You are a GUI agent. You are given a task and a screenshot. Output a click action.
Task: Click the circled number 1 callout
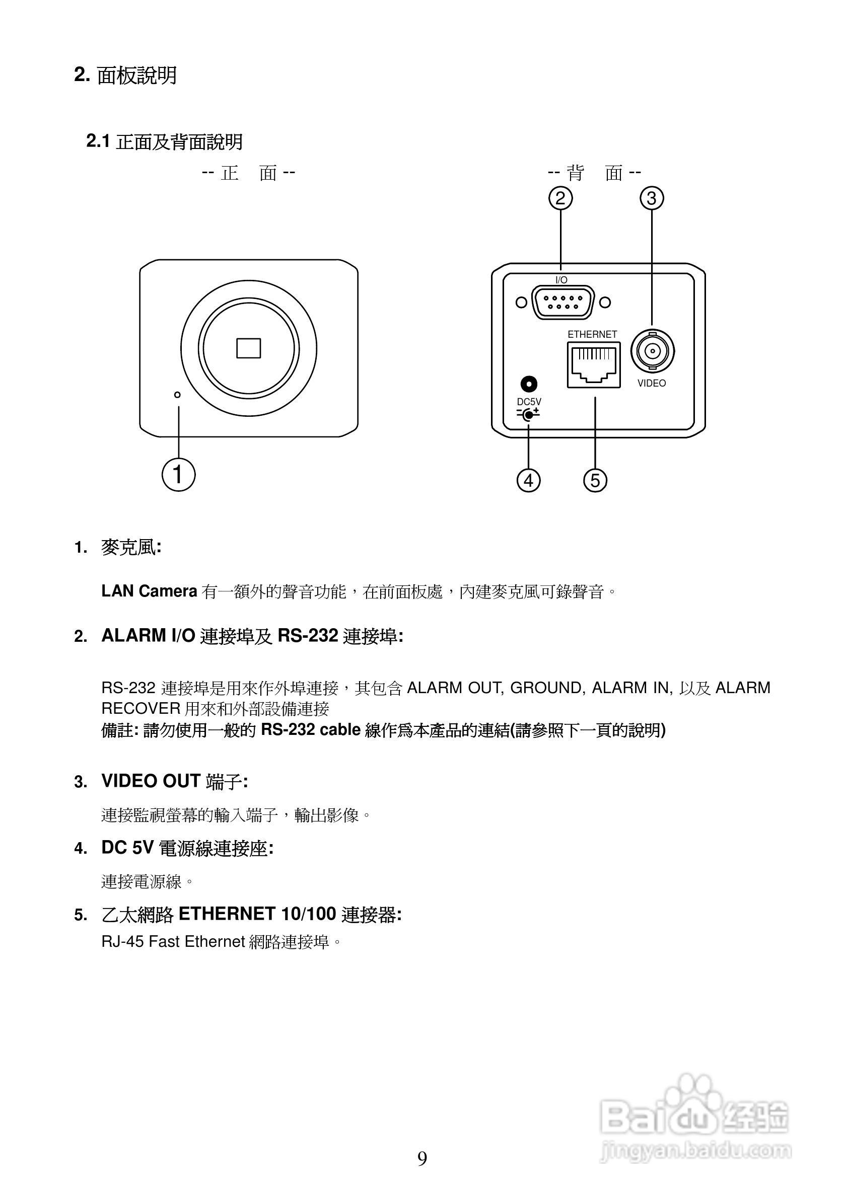(178, 475)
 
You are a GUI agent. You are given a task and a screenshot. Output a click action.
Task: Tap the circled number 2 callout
(560, 198)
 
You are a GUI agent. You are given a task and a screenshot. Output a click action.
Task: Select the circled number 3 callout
(652, 198)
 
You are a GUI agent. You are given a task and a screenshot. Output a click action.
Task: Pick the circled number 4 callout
(529, 480)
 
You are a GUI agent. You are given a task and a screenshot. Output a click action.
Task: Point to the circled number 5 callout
(595, 480)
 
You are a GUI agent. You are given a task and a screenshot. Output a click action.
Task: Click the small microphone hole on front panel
(177, 395)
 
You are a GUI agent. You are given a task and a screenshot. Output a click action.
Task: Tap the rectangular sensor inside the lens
(248, 348)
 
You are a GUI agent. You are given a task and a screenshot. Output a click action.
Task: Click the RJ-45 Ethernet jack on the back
(593, 365)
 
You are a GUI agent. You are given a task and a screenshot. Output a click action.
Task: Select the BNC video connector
(652, 351)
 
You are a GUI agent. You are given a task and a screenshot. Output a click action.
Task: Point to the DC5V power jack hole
(529, 385)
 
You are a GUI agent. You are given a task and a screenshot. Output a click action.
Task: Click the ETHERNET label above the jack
(592, 334)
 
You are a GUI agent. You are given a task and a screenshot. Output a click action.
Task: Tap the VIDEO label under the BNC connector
(652, 384)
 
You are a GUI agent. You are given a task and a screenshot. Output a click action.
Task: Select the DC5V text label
(529, 402)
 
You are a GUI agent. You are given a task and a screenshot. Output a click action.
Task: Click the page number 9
(421, 1159)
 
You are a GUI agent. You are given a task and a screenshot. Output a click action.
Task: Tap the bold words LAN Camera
(149, 591)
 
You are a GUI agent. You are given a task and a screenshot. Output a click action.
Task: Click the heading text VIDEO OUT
(151, 781)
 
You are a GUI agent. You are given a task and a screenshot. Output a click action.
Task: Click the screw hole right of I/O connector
(605, 302)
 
